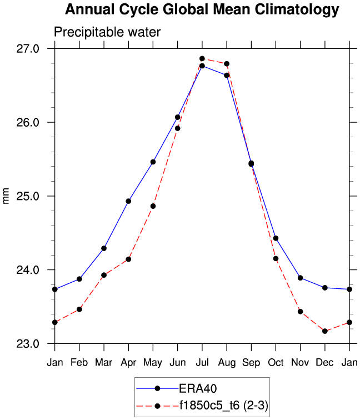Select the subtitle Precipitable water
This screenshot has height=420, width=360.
tap(107, 32)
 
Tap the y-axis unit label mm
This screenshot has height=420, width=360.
tap(6, 196)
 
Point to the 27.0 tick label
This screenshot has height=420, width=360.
tap(28, 48)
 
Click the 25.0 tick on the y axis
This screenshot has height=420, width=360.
tap(28, 196)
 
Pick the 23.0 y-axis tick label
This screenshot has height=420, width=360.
tap(28, 344)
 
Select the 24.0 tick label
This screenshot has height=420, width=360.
tap(28, 270)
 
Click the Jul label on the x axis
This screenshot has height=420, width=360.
tap(202, 362)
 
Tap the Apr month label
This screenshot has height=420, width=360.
tap(128, 362)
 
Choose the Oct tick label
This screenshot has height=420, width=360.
tap(276, 362)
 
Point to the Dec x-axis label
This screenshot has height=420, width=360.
tap(325, 362)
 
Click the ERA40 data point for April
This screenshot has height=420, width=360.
tap(128, 201)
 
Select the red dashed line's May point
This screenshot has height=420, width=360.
tap(153, 206)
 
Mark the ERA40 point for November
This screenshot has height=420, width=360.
tap(300, 278)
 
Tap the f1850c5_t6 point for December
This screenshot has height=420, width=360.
tap(325, 331)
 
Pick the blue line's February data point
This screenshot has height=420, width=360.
tap(79, 279)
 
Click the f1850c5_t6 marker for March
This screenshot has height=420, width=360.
tap(104, 275)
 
